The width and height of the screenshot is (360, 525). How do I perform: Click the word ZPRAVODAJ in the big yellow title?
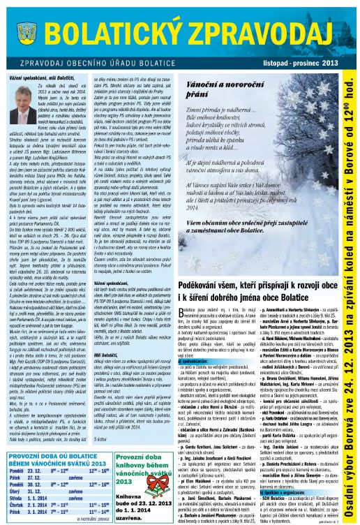coord(266,31)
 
